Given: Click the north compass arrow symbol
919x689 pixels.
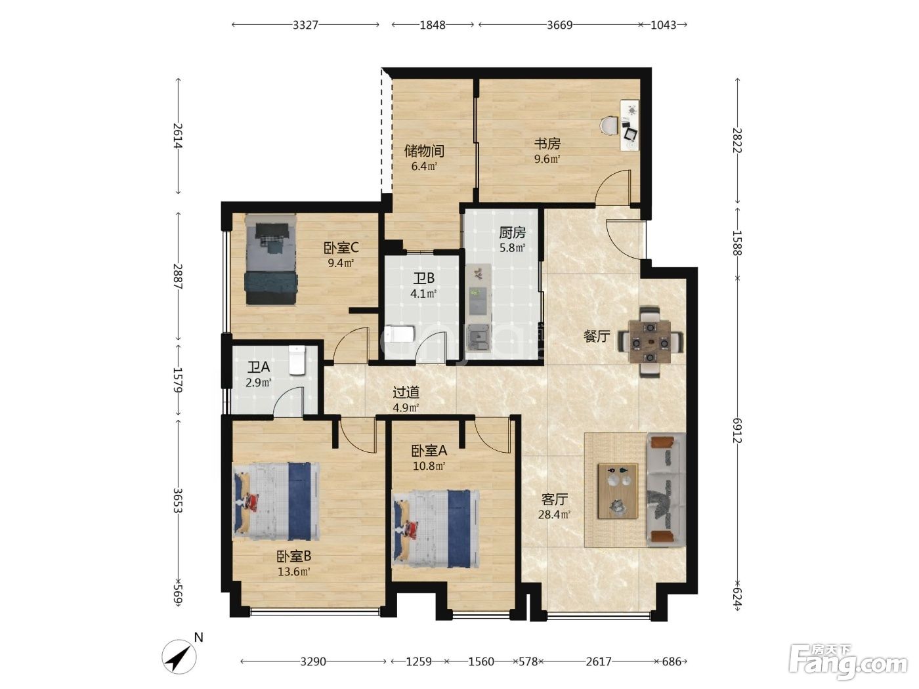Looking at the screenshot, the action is [179, 656].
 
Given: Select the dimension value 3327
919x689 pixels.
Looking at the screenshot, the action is [305, 25].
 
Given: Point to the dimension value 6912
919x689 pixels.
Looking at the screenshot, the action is [737, 430].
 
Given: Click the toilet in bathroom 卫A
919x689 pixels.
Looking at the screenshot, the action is [297, 360].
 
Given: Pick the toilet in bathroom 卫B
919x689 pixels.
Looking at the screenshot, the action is [400, 334].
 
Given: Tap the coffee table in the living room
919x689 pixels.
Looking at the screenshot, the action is [618, 491].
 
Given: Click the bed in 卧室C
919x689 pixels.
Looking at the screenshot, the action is [271, 259].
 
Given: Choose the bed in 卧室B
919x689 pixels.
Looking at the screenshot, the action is [276, 501].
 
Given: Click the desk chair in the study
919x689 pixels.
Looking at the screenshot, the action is [609, 125].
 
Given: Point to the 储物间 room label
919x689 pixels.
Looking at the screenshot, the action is [423, 151].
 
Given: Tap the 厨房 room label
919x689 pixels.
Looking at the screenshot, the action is [512, 232].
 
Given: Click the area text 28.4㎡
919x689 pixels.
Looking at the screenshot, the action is [554, 514].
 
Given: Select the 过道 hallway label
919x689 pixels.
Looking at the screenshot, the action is [406, 392].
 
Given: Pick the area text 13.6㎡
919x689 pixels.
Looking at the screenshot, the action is [294, 572].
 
